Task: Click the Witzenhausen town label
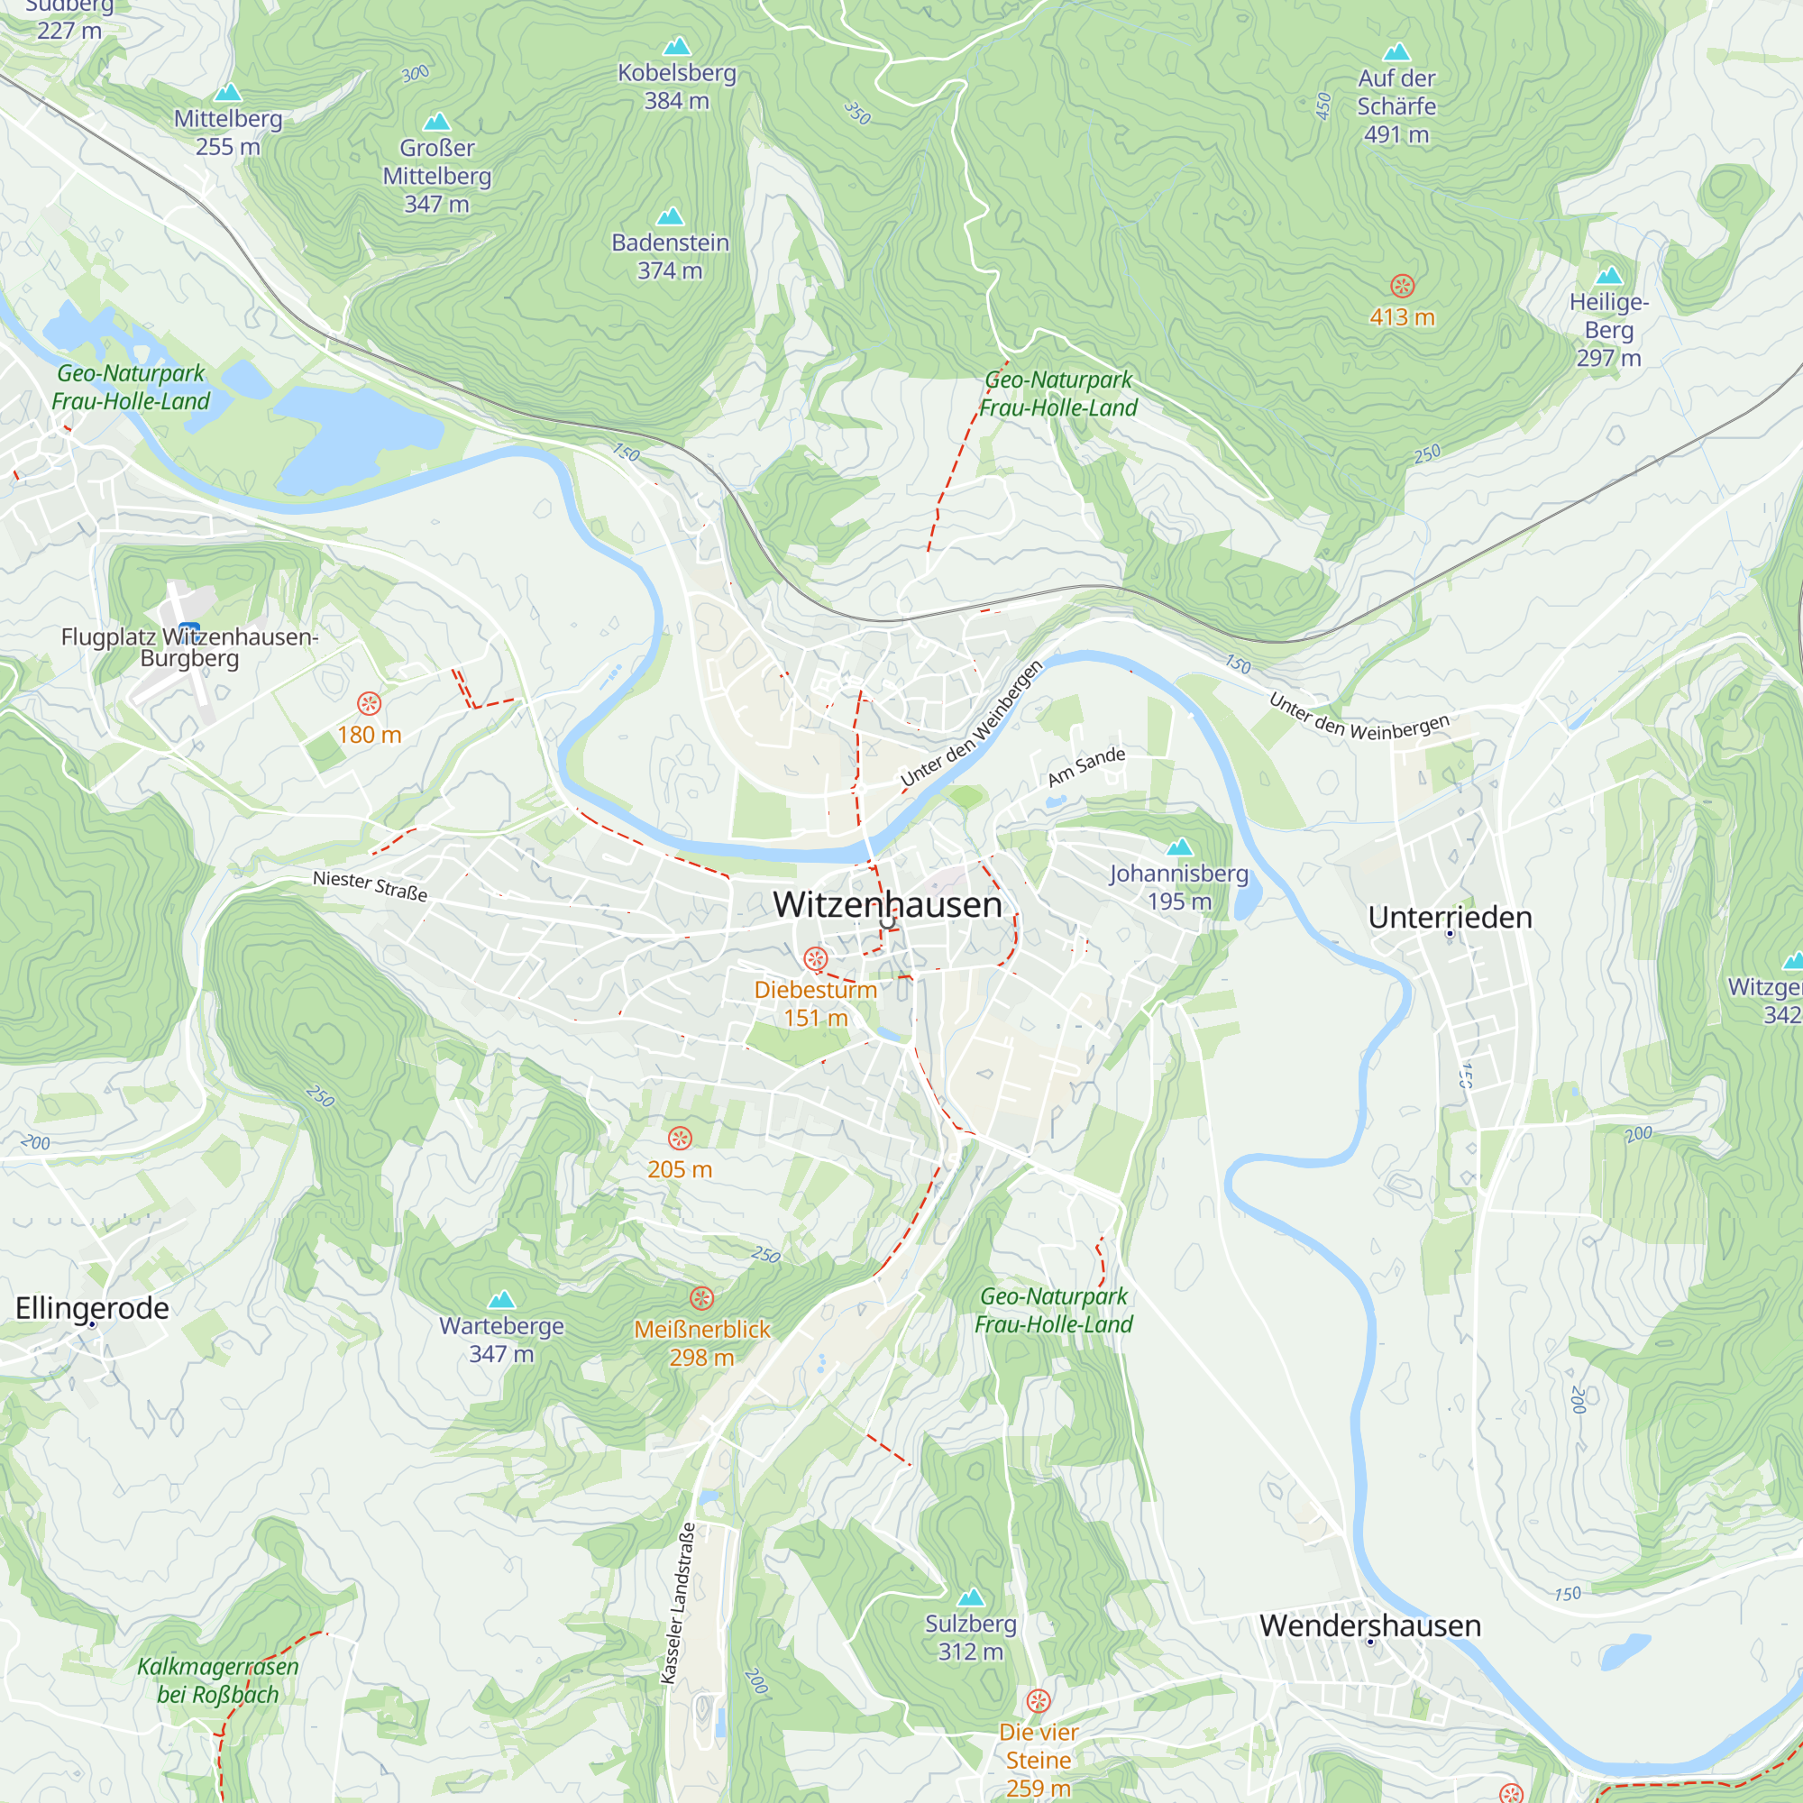click(x=886, y=904)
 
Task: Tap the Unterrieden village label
click(x=1450, y=918)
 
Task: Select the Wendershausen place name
click(x=1369, y=1625)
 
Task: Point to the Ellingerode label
click(x=92, y=1307)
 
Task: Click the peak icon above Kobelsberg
click(x=677, y=46)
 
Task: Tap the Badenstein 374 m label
click(x=670, y=256)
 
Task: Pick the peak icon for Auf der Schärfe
click(x=1396, y=51)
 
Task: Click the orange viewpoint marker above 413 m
click(x=1402, y=286)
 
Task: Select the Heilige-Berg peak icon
click(x=1609, y=275)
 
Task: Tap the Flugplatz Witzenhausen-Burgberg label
click(x=189, y=646)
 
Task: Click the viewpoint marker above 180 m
click(x=370, y=703)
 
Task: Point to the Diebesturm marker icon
click(x=815, y=958)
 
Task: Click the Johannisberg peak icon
click(x=1179, y=847)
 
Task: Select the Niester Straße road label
click(x=370, y=884)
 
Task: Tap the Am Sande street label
click(x=1086, y=766)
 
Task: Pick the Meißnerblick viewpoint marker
click(x=701, y=1298)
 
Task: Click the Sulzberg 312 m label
click(x=971, y=1637)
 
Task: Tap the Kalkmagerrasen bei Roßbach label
click(x=217, y=1679)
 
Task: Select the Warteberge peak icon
click(x=502, y=1299)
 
